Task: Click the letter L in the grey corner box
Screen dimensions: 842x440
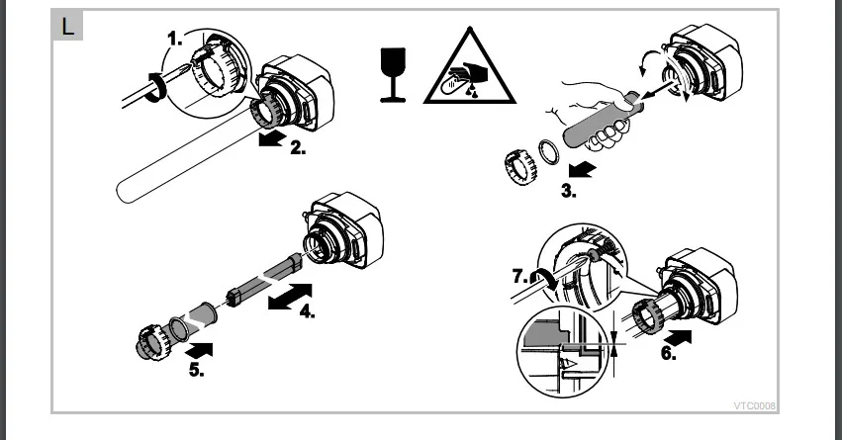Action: tap(67, 27)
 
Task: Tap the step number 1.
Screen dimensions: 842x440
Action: tap(175, 39)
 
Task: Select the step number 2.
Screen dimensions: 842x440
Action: tap(298, 147)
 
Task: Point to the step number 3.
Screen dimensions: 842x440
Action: tap(569, 191)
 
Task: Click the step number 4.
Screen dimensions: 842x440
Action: tap(307, 310)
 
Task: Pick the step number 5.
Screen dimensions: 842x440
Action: tap(197, 370)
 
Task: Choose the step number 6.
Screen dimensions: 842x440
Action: tap(669, 353)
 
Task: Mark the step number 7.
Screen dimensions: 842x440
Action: tap(520, 276)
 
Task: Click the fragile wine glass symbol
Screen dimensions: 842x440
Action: tap(393, 74)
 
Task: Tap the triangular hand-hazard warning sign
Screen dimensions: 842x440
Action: tap(470, 67)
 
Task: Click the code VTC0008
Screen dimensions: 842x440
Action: tap(755, 406)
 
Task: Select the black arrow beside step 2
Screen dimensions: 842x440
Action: tap(272, 138)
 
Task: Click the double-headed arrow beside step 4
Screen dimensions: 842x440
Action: tap(290, 297)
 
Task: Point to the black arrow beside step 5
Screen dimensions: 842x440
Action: tap(198, 350)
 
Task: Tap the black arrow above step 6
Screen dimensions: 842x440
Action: tap(678, 337)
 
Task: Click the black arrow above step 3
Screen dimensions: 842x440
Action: tap(582, 170)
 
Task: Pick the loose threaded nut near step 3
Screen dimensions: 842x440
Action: tap(520, 167)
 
